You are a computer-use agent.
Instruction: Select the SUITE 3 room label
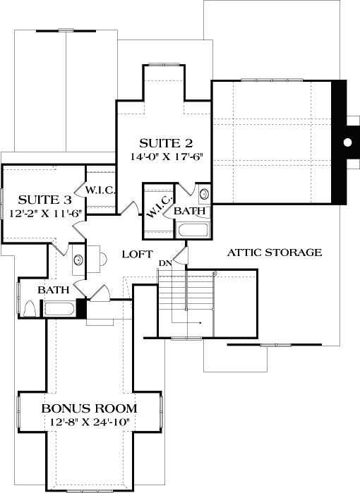42,199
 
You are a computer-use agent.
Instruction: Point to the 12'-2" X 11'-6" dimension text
42,213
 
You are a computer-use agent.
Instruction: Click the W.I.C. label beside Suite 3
100,190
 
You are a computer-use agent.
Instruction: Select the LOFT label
134,254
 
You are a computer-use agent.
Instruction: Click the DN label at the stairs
164,263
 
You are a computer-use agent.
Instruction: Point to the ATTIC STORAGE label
275,252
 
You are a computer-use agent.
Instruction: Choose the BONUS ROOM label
89,408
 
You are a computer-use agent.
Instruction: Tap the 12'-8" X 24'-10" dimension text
89,422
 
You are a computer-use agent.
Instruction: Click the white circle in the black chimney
347,142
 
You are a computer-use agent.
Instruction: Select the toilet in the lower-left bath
29,308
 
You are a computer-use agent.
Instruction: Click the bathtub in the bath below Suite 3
59,308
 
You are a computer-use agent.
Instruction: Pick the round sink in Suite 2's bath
203,193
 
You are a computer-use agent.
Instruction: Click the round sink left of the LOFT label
78,259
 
